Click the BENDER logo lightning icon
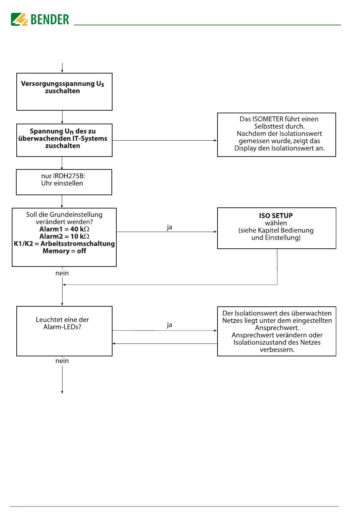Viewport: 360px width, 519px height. pos(19,19)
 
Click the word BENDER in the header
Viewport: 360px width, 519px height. pos(50,19)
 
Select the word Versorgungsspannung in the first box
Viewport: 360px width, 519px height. pos(58,84)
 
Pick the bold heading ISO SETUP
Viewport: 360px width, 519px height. pos(275,216)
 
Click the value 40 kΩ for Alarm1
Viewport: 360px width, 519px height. pos(80,229)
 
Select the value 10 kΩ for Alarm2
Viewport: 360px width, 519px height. pos(80,236)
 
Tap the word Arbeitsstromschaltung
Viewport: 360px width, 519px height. pos(78,244)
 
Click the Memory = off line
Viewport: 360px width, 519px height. pos(64,251)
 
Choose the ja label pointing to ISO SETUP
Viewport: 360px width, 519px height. pos(169,227)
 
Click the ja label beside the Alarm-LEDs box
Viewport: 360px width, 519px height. pos(169,325)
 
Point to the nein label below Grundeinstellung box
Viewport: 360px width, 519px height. pos(62,273)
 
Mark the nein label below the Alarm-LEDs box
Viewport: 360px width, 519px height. pos(62,361)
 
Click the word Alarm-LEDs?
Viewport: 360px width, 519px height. pos(62,327)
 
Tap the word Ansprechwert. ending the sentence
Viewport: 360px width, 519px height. pos(277,328)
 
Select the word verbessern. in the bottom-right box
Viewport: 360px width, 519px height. pos(277,350)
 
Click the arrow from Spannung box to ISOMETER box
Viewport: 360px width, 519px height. pos(165,140)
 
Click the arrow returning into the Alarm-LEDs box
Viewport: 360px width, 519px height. pos(165,343)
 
